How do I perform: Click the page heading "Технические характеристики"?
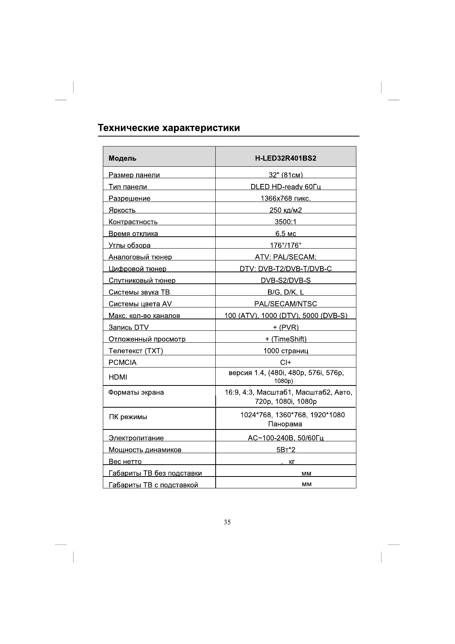pos(169,128)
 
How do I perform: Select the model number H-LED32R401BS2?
pos(286,158)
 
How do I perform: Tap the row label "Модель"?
pos(122,158)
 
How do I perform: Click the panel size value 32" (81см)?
pos(286,175)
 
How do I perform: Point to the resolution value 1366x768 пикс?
pos(286,198)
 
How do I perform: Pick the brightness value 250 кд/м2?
pos(286,210)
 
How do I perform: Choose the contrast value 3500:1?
pos(286,222)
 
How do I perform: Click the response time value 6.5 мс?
pos(286,234)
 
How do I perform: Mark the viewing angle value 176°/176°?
pos(286,246)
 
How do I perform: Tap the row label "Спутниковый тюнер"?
pos(142,281)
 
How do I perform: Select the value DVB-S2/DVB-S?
pos(286,281)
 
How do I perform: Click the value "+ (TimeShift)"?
pos(286,339)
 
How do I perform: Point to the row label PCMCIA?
pos(122,363)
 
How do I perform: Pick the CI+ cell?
pos(286,363)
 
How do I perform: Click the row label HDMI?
pos(118,377)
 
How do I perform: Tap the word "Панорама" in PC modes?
pos(285,424)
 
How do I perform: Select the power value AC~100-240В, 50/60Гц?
pos(286,438)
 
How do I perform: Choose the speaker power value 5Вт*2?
pos(286,450)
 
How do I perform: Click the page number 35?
pos(227,522)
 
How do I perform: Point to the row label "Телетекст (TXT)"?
pos(136,351)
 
